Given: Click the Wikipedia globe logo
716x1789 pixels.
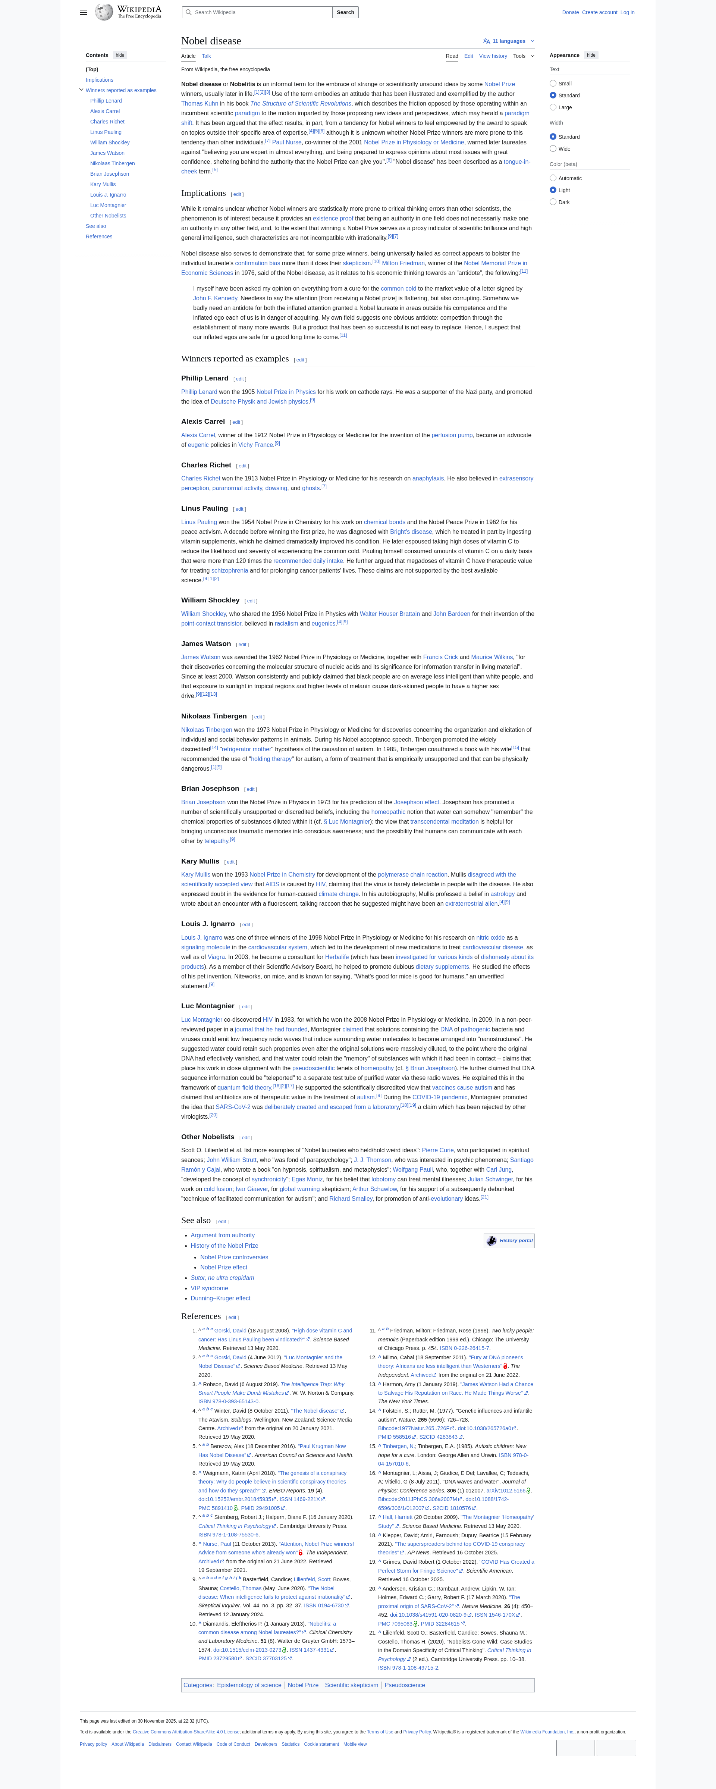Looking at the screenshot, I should [x=104, y=12].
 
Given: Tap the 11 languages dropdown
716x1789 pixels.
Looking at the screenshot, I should [x=508, y=41].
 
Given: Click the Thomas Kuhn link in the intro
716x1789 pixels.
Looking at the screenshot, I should [x=199, y=103].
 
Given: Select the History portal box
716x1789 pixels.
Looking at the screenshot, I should [x=509, y=1240].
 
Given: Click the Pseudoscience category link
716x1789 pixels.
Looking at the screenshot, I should [x=405, y=1685].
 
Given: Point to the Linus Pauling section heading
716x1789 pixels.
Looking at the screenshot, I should [x=204, y=508].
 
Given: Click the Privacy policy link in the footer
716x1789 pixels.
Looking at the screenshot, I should [x=93, y=1744].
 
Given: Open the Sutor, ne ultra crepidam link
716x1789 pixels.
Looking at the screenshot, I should [x=222, y=1278].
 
